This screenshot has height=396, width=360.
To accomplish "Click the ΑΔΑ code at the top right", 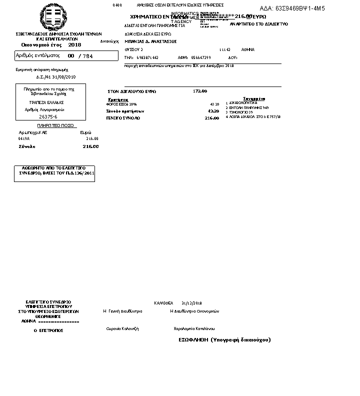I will [292, 8].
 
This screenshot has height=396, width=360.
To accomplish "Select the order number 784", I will [88, 56].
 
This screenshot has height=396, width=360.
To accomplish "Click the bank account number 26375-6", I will [48, 116].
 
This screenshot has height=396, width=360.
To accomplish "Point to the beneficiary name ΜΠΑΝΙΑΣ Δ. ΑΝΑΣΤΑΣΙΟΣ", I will [150, 41].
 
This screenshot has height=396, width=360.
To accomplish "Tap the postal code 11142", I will [224, 50].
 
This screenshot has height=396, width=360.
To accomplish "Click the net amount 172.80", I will [200, 91].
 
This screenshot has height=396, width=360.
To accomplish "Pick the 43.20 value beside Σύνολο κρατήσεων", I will [213, 111].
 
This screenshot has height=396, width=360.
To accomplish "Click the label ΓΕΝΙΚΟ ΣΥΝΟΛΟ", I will [123, 118].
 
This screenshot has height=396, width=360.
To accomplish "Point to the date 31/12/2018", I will [191, 303].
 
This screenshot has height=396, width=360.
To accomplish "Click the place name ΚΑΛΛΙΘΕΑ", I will [163, 303].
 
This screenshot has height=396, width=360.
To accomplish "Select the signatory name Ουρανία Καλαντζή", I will [122, 328].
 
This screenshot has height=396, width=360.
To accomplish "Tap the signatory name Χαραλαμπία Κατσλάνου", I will [194, 328].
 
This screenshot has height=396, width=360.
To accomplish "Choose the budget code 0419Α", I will [24, 138].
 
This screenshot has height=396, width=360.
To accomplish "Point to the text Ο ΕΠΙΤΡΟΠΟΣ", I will [48, 330].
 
